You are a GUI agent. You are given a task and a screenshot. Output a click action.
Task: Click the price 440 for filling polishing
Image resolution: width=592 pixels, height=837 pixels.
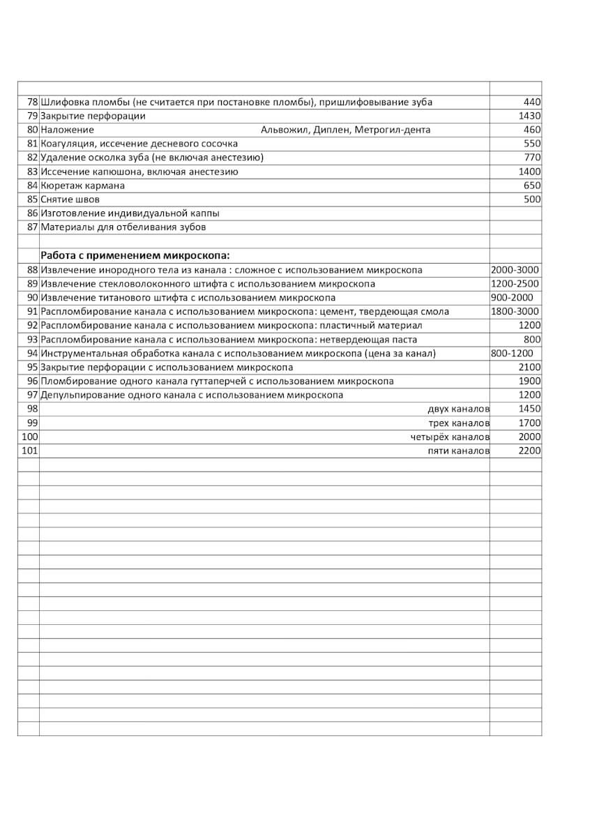[532, 103]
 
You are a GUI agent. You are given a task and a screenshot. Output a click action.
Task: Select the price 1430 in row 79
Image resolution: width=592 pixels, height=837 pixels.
[529, 116]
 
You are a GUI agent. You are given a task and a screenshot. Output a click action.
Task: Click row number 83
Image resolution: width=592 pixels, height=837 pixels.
[32, 172]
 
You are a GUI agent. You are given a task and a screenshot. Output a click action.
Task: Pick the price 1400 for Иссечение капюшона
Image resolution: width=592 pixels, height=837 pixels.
[529, 172]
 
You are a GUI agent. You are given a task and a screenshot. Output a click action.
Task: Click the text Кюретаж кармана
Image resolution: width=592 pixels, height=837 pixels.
[83, 186]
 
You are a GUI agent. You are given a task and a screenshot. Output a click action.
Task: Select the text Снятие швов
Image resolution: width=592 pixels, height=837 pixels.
[70, 200]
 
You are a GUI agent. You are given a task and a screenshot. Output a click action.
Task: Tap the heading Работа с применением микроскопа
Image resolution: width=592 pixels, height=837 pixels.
[135, 255]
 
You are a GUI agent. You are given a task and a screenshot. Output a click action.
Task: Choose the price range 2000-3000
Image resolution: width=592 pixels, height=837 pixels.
[515, 270]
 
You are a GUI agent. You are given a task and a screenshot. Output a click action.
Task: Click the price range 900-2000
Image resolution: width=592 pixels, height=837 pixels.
[512, 298]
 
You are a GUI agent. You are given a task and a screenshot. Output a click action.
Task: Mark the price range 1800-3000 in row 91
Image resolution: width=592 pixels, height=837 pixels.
[515, 312]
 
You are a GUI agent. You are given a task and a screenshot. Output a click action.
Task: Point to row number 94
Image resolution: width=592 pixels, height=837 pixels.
[32, 354]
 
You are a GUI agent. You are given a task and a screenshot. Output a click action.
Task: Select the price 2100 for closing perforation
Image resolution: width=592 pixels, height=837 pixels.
[529, 368]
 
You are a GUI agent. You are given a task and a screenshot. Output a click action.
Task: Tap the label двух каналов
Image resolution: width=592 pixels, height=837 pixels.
[459, 409]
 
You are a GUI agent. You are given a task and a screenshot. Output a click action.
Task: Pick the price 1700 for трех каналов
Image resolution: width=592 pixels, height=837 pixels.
[529, 423]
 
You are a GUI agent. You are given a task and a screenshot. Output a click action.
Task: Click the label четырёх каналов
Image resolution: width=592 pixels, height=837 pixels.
[450, 437]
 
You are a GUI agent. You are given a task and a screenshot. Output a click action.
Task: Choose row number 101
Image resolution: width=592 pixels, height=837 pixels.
[29, 451]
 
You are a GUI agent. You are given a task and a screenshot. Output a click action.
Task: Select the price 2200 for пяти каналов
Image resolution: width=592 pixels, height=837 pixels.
[529, 451]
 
